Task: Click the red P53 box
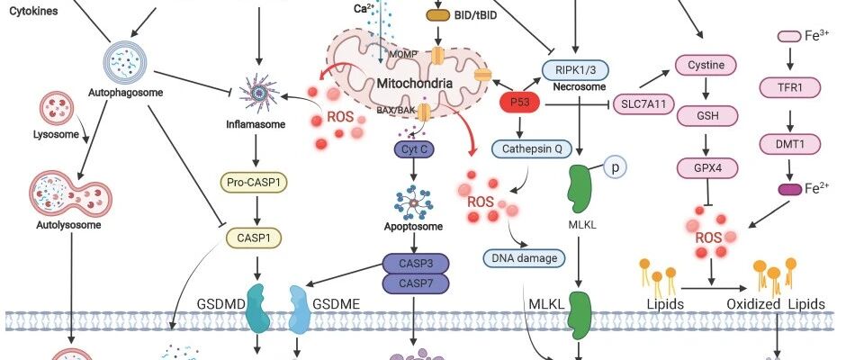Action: point(520,103)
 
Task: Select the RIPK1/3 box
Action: point(575,70)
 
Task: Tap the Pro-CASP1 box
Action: point(254,183)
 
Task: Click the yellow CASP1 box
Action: point(254,238)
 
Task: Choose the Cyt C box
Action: point(414,149)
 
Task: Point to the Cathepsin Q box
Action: point(531,148)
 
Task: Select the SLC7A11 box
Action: point(644,104)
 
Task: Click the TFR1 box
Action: point(790,87)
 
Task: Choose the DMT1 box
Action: point(790,144)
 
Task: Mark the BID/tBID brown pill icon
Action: point(438,15)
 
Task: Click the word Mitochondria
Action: point(414,83)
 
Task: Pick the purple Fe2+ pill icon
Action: point(790,189)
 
